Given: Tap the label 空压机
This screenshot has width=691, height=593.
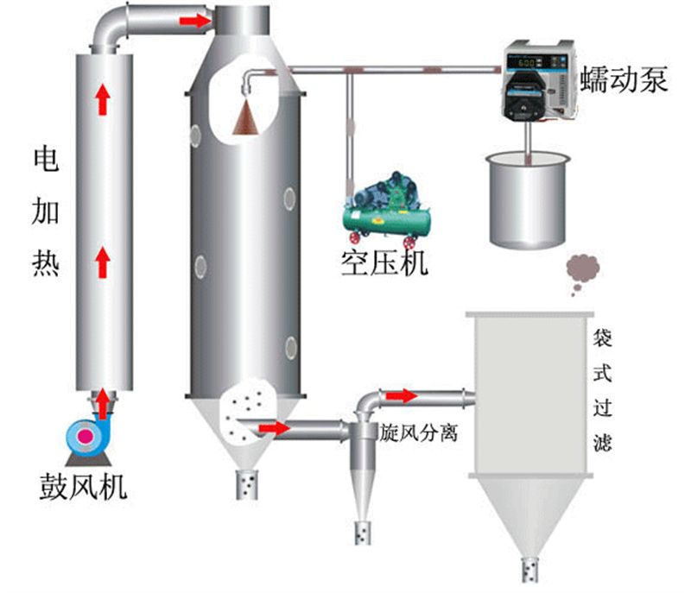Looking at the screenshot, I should tap(384, 262).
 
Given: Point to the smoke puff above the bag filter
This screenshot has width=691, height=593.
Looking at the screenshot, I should tap(582, 273).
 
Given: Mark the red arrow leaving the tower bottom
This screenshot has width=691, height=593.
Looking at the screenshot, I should tap(275, 427).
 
